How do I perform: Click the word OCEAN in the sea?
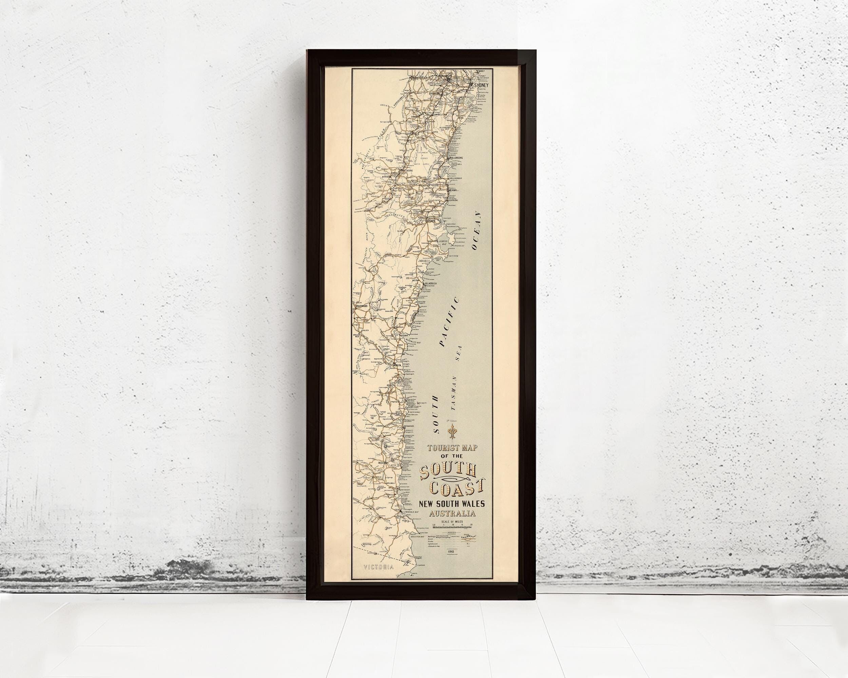pos(476,231)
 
